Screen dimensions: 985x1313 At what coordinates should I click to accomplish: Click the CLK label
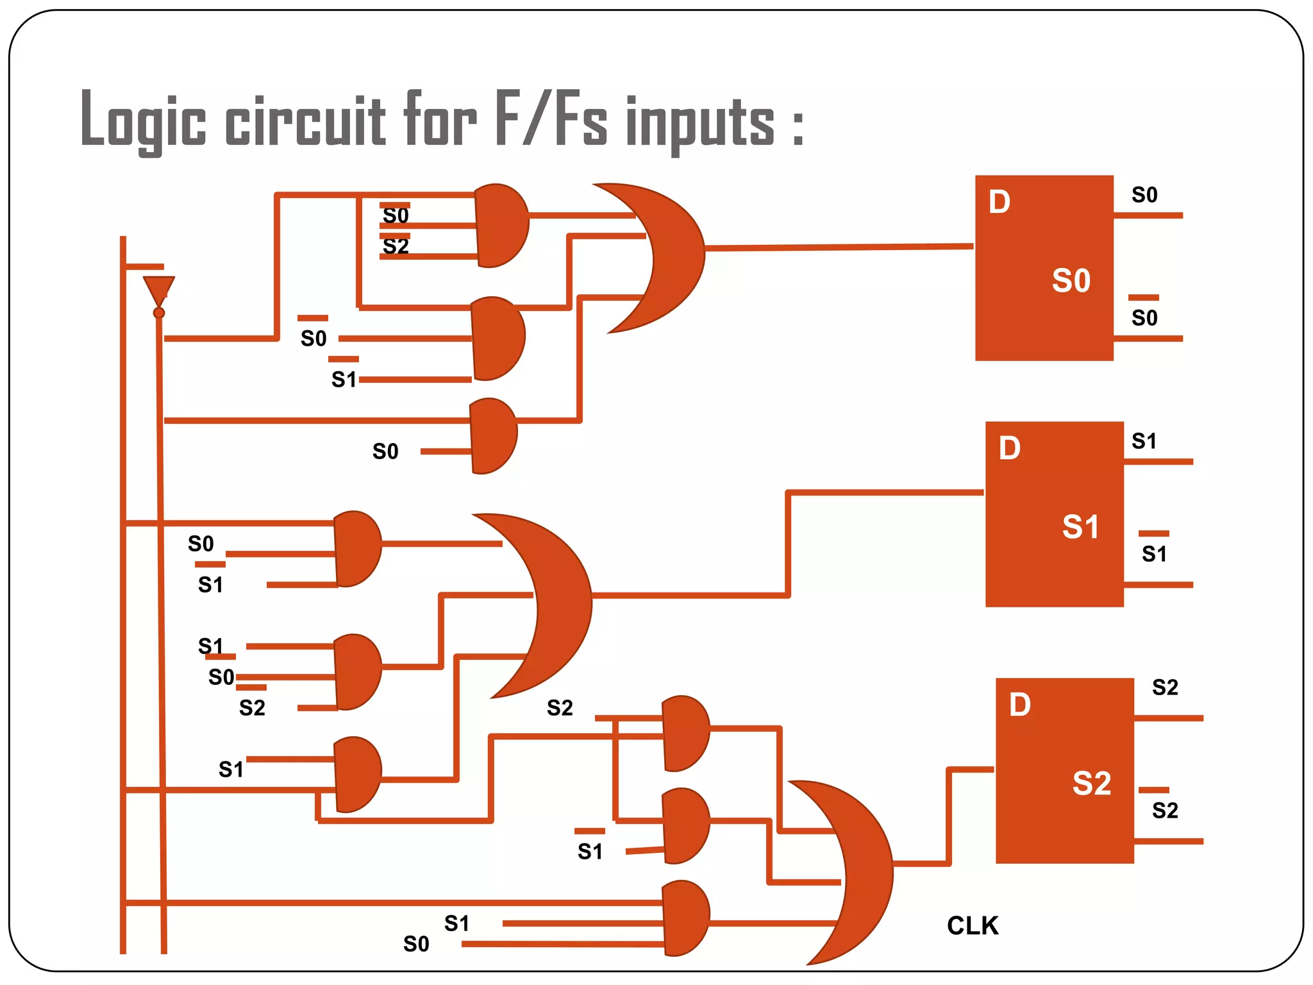[x=973, y=925]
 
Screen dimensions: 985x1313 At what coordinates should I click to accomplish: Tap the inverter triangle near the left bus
[x=159, y=289]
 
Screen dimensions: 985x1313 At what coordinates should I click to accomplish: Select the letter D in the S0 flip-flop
[x=999, y=202]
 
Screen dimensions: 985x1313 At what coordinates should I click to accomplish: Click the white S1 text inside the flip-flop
[x=1080, y=526]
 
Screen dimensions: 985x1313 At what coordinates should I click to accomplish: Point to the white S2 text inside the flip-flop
[x=1091, y=783]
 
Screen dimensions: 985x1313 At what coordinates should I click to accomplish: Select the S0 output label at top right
[x=1144, y=195]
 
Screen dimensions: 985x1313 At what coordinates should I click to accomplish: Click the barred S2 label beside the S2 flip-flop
[x=1164, y=809]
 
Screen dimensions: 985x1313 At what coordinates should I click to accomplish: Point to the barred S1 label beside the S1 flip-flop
[x=1154, y=553]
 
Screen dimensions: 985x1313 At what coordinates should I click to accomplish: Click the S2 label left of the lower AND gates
[x=560, y=708]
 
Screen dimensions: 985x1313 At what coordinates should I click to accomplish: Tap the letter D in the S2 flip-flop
[x=1019, y=705]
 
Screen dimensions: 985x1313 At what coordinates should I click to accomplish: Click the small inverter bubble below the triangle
[x=159, y=313]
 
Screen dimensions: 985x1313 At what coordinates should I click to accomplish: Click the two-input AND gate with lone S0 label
[x=493, y=436]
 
